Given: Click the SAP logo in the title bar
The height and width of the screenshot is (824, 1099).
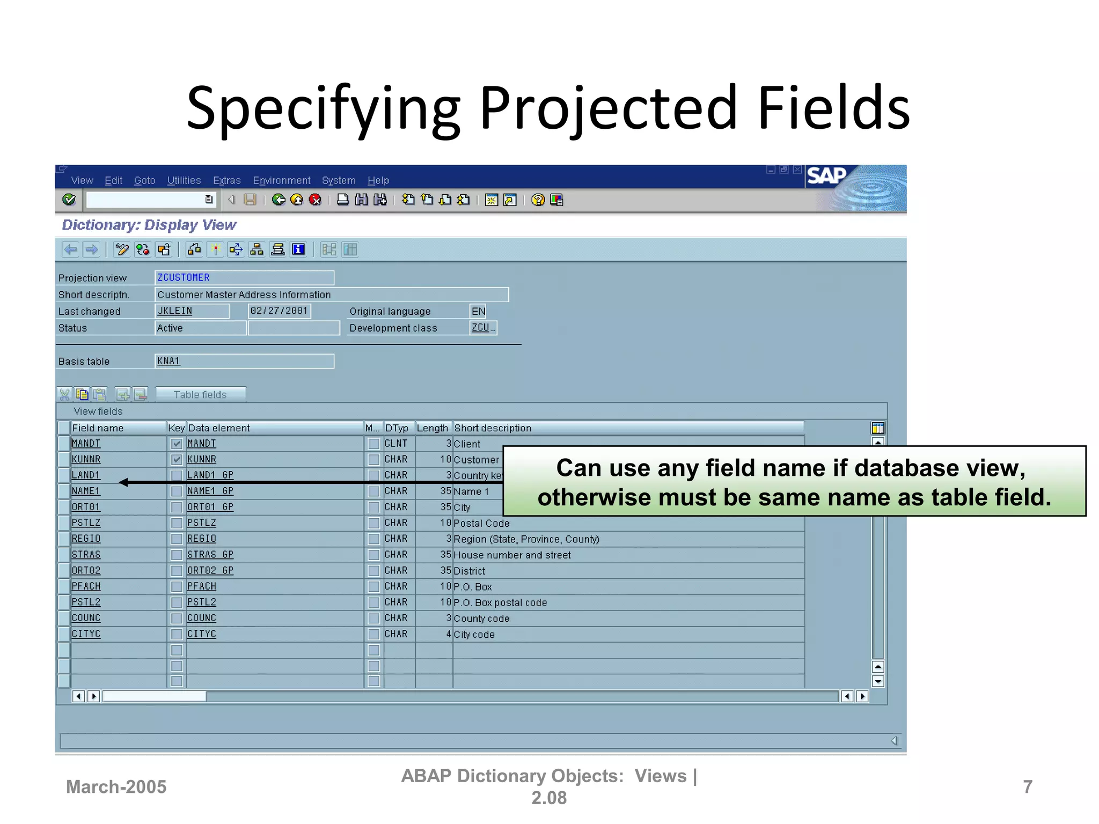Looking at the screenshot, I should (826, 176).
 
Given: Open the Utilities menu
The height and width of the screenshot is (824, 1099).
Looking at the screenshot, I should (184, 181).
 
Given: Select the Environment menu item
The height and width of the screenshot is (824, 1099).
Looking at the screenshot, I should (281, 181).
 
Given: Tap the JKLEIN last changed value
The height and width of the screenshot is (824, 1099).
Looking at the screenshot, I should (175, 311).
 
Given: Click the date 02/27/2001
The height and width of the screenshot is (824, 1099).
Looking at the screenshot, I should (279, 311).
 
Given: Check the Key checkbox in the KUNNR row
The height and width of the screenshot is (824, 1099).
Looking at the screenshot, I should (177, 460).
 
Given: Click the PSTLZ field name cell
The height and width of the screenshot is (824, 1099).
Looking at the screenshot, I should (86, 523).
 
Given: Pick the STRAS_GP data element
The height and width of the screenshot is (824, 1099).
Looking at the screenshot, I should (210, 555).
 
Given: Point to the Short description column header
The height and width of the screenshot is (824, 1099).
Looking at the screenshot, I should (493, 428).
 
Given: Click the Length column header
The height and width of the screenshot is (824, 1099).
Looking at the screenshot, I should (432, 428).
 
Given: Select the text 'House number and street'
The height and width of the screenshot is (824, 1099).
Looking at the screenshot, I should (512, 555).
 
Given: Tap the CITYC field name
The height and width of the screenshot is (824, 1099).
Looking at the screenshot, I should (86, 634).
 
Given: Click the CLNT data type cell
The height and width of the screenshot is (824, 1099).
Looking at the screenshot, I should (396, 444).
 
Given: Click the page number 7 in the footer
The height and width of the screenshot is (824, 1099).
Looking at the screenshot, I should (1028, 787).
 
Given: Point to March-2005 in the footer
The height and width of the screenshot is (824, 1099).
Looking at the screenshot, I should (116, 787).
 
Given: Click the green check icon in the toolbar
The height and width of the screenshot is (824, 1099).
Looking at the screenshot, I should (69, 200).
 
